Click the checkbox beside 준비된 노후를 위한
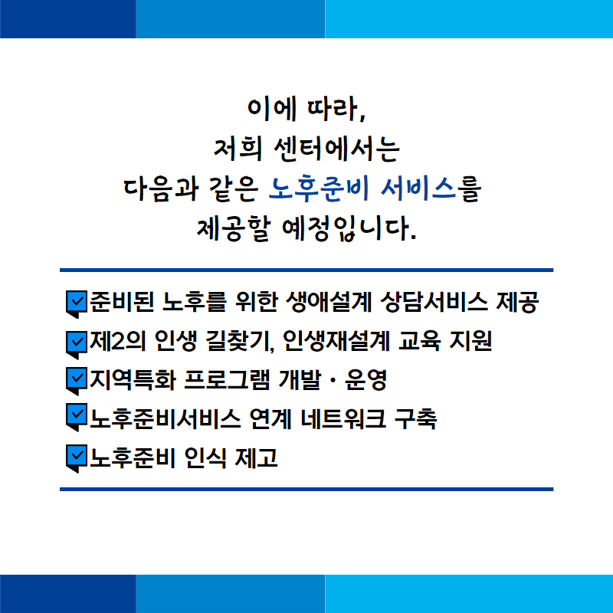pyautogui.click(x=77, y=302)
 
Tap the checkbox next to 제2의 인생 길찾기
pyautogui.click(x=77, y=343)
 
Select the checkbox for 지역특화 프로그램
pyautogui.click(x=77, y=379)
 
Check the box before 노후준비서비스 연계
pyautogui.click(x=77, y=415)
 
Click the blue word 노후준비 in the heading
pyautogui.click(x=319, y=188)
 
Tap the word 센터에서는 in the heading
pyautogui.click(x=337, y=149)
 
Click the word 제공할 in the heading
pyautogui.click(x=234, y=228)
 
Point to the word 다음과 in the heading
pyautogui.click(x=160, y=188)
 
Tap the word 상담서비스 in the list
pyautogui.click(x=434, y=302)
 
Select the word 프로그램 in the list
pyautogui.click(x=227, y=379)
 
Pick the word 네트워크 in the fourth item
pyautogui.click(x=344, y=418)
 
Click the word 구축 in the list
pyautogui.click(x=415, y=418)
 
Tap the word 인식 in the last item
pyautogui.click(x=205, y=457)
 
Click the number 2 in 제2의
pyautogui.click(x=117, y=341)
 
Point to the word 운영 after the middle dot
pyautogui.click(x=366, y=379)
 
